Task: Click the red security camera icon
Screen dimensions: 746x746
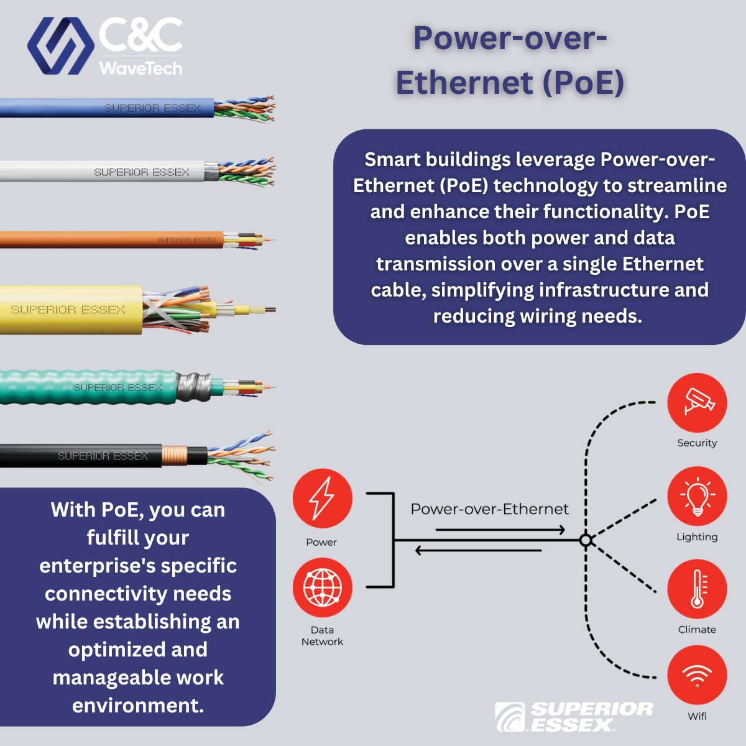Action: (697, 402)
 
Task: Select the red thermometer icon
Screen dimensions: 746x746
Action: (697, 589)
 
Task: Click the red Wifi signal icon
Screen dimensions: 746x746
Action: (697, 676)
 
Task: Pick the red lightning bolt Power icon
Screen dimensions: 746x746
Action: (322, 499)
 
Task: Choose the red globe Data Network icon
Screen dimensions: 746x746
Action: (322, 587)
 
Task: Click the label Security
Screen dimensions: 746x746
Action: (697, 443)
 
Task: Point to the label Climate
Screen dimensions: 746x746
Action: (697, 629)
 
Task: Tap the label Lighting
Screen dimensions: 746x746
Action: (697, 536)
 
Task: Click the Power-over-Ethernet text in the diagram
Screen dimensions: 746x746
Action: (489, 509)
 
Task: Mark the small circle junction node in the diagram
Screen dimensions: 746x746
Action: (585, 540)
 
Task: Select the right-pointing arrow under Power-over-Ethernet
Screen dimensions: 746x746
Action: (500, 530)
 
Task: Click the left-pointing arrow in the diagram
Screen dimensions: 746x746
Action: (478, 550)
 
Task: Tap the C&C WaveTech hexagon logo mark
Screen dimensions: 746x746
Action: (60, 45)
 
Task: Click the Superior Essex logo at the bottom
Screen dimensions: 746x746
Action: (573, 717)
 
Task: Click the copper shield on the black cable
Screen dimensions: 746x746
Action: (174, 456)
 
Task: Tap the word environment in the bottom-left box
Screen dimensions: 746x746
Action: (138, 705)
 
